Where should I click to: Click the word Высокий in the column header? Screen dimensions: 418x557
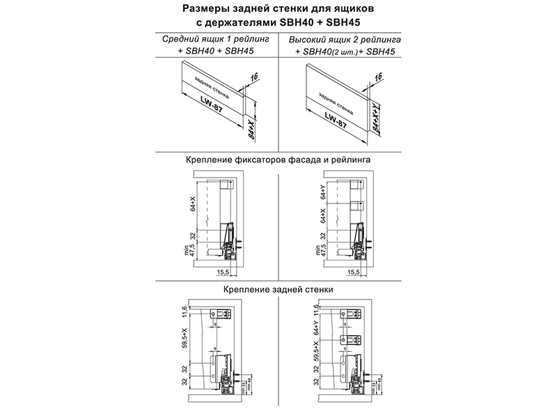tap(307, 39)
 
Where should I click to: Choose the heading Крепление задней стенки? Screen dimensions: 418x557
tap(278, 288)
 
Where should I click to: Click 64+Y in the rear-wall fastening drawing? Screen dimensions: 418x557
tap(317, 325)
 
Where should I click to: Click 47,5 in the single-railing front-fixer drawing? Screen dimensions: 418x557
tap(193, 249)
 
